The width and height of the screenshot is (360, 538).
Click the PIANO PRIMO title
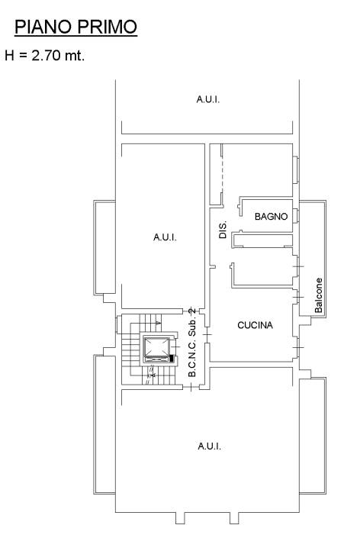pyautogui.click(x=76, y=27)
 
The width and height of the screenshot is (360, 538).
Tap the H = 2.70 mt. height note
pyautogui.click(x=44, y=55)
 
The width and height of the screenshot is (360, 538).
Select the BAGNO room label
pyautogui.click(x=271, y=217)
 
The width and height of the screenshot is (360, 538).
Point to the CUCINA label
pyautogui.click(x=255, y=325)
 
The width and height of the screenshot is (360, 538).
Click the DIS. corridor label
pyautogui.click(x=223, y=230)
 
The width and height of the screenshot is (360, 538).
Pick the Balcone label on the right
pyautogui.click(x=319, y=295)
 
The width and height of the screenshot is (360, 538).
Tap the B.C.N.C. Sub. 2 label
pyautogui.click(x=192, y=343)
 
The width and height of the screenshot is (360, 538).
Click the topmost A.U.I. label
pyautogui.click(x=207, y=99)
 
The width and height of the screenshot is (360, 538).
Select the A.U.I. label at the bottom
pyautogui.click(x=209, y=446)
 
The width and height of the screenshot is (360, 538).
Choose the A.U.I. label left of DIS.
pyautogui.click(x=165, y=237)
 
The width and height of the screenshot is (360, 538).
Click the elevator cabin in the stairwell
pyautogui.click(x=156, y=349)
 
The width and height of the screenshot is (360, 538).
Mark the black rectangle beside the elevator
pyautogui.click(x=172, y=359)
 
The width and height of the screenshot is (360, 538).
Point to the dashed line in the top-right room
pyautogui.click(x=222, y=175)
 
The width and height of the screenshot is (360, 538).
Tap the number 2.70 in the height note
pyautogui.click(x=47, y=55)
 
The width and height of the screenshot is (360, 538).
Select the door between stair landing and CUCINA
pyautogui.click(x=207, y=334)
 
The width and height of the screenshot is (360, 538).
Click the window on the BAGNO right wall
pyautogui.click(x=296, y=215)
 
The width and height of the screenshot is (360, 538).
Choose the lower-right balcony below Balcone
pyautogui.click(x=313, y=436)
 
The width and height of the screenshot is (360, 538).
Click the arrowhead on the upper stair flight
pyautogui.click(x=158, y=323)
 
